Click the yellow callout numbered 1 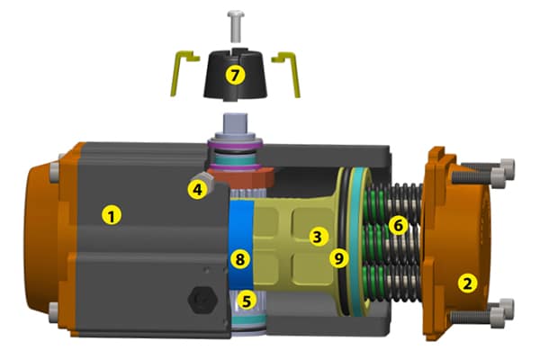point(112,215)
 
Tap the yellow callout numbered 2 point(467,283)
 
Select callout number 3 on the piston point(317,237)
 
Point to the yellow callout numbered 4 point(197,189)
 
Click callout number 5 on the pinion point(247,301)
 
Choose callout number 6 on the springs point(398,226)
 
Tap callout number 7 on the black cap point(235,76)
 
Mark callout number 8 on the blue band point(239,259)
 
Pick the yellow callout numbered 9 point(339,257)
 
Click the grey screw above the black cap point(236,26)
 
